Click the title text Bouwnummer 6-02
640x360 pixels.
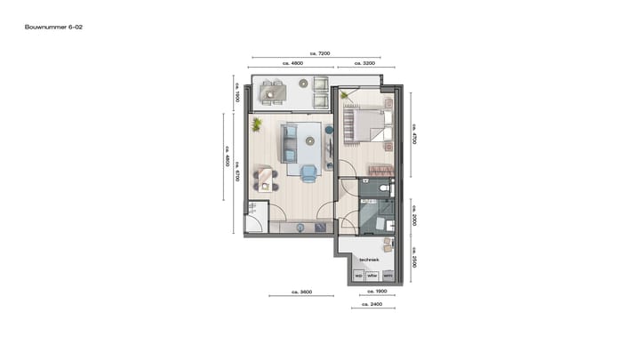click(54, 28)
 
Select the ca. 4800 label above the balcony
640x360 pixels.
click(292, 65)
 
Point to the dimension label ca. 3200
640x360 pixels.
click(364, 65)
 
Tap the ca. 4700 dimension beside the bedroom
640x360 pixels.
click(415, 133)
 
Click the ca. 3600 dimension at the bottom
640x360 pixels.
click(302, 292)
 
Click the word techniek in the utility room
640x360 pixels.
click(369, 260)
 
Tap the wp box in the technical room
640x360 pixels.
click(359, 276)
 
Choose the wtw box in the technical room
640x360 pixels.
click(372, 276)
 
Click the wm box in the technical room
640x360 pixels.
click(388, 276)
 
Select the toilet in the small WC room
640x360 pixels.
click(383, 188)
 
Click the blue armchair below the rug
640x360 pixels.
click(308, 172)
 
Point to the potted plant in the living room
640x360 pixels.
click(257, 124)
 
